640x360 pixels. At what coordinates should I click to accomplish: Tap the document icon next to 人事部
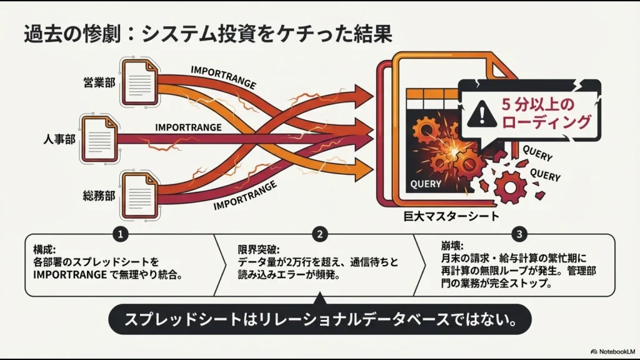[99, 137]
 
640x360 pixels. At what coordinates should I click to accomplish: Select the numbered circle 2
[320, 234]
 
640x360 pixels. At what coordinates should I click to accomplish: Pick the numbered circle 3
[519, 234]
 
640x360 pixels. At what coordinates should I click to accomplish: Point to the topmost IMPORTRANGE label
[223, 77]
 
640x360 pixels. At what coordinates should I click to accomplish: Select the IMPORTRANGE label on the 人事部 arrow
[188, 127]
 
